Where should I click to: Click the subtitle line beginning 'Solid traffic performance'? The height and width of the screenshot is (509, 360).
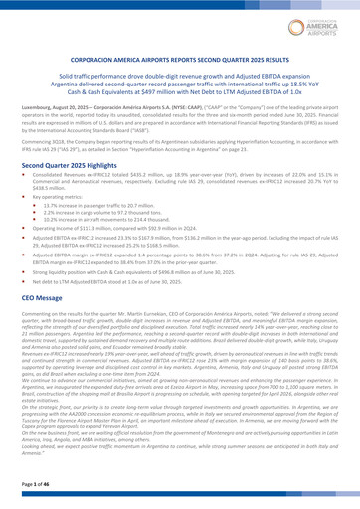[x=179, y=79]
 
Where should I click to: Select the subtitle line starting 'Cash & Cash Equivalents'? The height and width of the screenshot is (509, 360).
[x=179, y=95]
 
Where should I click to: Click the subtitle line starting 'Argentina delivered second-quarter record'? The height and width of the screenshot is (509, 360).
[x=179, y=86]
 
